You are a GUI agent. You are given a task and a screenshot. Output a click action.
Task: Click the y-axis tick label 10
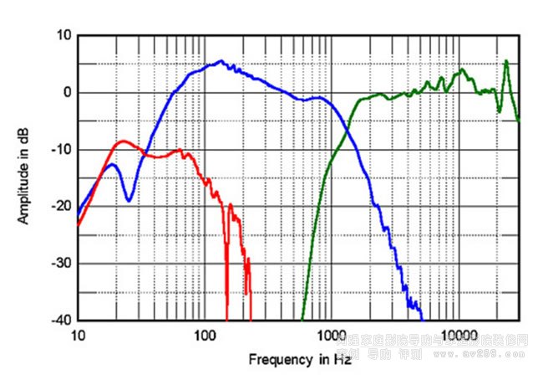click(63, 35)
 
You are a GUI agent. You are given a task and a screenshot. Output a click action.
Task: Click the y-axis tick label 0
click(67, 92)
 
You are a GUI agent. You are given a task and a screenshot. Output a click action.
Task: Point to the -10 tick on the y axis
click(62, 150)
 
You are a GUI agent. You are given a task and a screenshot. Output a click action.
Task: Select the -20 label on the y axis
click(62, 207)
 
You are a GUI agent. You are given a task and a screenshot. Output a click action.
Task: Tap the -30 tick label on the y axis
click(62, 264)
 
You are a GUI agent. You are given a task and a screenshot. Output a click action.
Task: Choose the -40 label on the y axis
click(62, 321)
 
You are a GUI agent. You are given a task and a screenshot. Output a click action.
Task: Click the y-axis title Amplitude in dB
click(24, 177)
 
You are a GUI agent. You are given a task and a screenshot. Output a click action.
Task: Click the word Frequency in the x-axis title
click(280, 359)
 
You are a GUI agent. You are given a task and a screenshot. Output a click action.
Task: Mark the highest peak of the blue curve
click(221, 61)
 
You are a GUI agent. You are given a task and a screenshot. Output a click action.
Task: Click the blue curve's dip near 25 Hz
click(128, 200)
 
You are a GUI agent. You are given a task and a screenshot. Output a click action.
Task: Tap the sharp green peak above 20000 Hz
click(506, 61)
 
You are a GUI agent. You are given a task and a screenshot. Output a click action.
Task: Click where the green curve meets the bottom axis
click(302, 320)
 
